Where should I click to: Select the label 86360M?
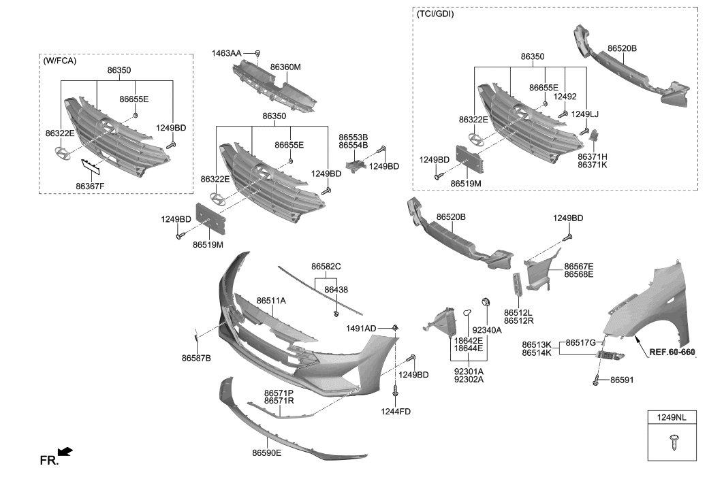(x=285, y=67)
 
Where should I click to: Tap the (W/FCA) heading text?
(x=60, y=61)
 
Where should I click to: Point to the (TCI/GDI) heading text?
(x=435, y=14)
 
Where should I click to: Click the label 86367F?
(x=91, y=186)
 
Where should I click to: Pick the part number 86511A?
(x=271, y=300)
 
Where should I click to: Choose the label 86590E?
(x=266, y=452)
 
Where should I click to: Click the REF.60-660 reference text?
(x=672, y=352)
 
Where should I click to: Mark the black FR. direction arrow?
(x=65, y=452)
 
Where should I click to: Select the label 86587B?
(x=196, y=358)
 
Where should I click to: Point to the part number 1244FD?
(x=396, y=412)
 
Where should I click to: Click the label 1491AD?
(x=361, y=329)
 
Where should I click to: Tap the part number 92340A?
(x=486, y=330)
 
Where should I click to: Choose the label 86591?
(x=621, y=380)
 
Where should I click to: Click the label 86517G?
(x=582, y=343)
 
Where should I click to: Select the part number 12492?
(x=565, y=97)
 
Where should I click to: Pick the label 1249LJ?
(x=585, y=114)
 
